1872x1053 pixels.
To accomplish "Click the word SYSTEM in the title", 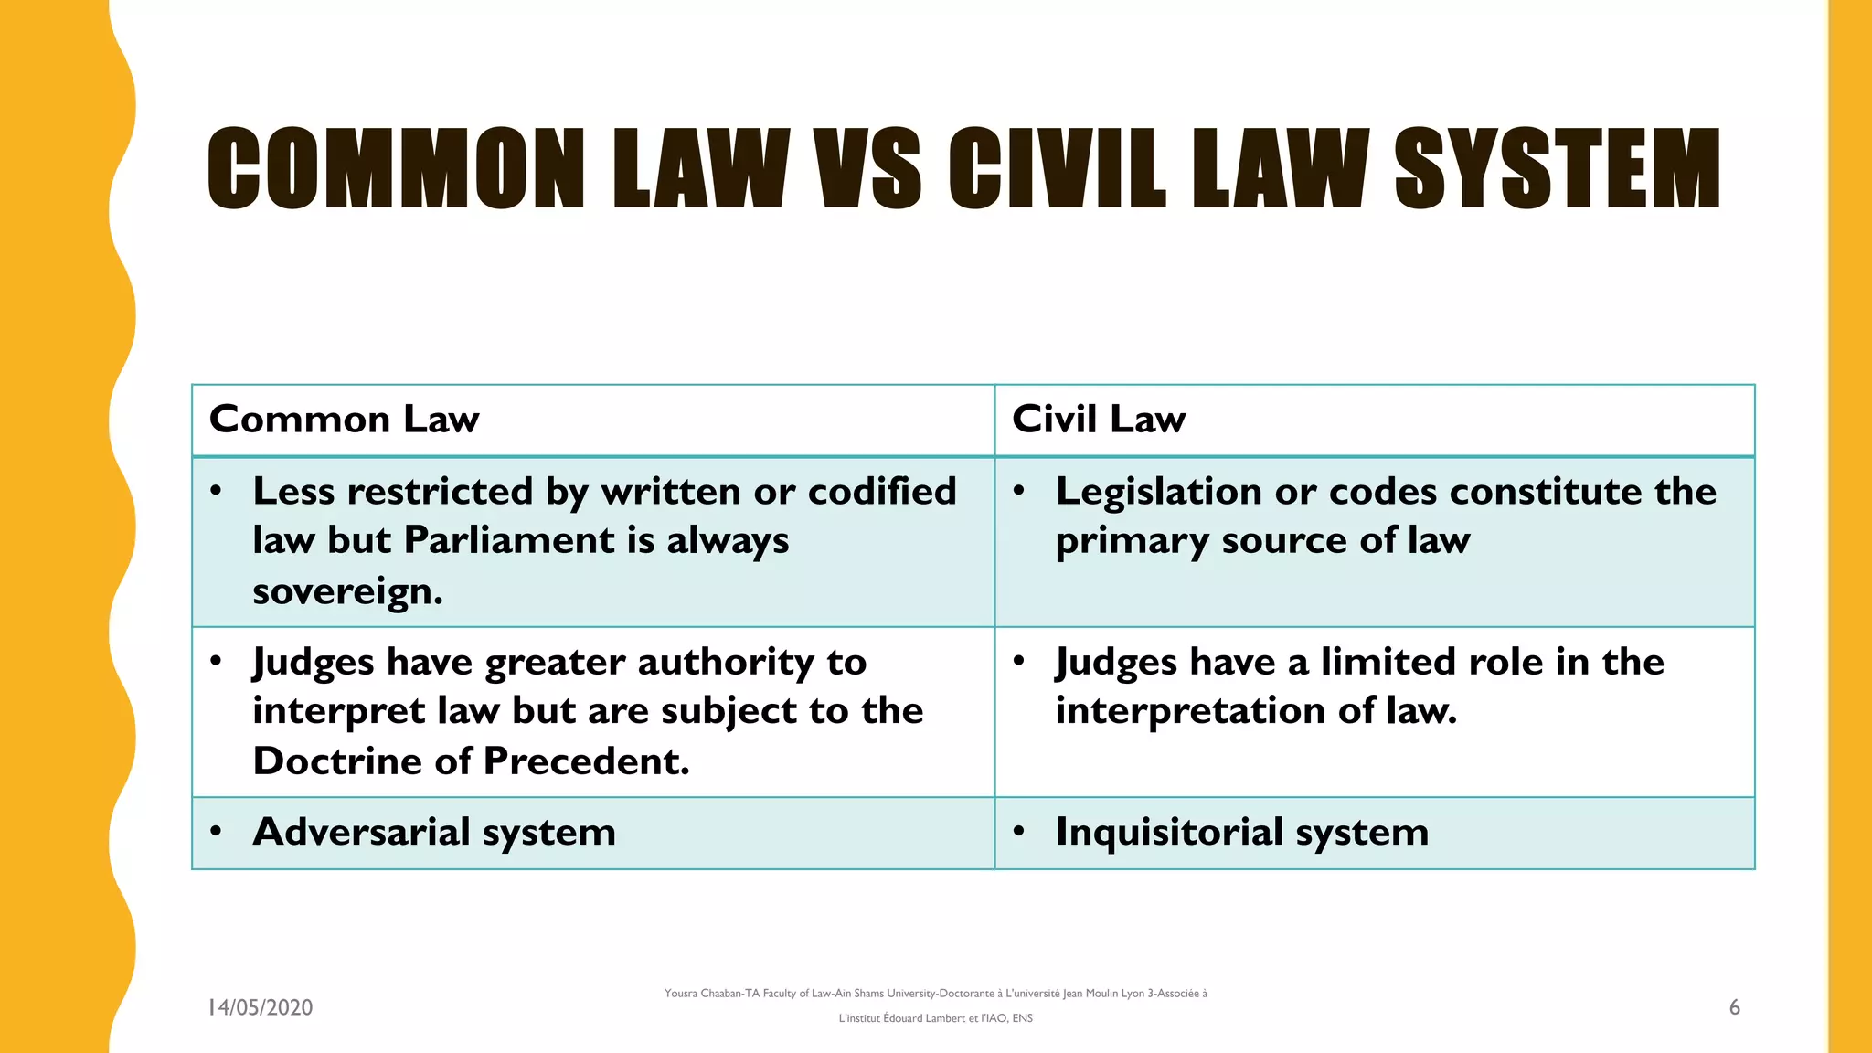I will (1557, 168).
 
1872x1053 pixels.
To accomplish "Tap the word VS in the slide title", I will (868, 168).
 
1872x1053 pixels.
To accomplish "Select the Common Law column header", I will (344, 420).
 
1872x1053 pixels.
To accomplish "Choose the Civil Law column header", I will (1099, 420).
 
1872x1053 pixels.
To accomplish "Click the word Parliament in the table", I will (509, 540).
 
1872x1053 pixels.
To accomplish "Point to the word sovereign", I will (347, 591).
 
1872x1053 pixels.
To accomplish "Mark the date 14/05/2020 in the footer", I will (261, 1007).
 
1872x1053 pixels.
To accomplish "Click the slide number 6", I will (1734, 1007).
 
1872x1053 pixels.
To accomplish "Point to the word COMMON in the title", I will (396, 168).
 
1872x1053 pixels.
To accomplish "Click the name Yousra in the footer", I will (680, 994).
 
